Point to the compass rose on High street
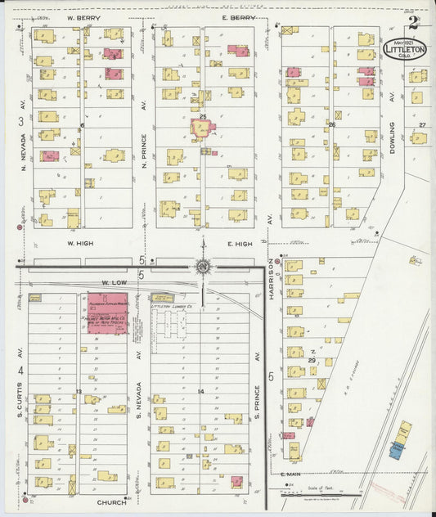(201, 266)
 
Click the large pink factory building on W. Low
(107, 312)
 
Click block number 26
(332, 125)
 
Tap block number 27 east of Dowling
(422, 124)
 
